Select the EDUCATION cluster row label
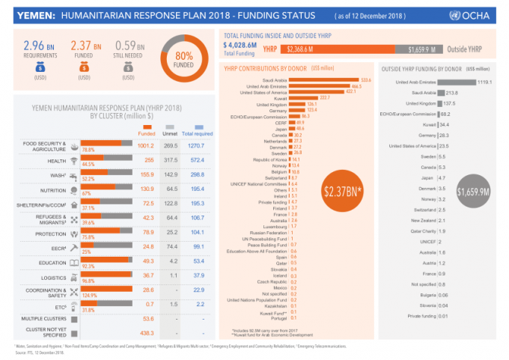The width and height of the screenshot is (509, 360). tap(52, 262)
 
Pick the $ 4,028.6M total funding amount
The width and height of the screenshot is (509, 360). tap(241, 46)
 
